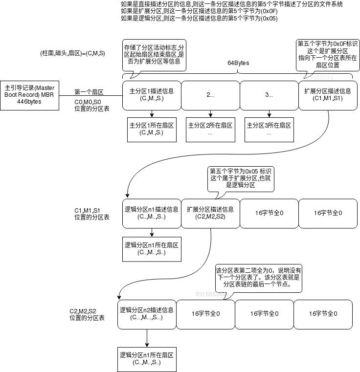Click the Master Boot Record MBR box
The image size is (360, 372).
point(29,94)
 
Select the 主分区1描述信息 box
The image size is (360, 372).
point(152,94)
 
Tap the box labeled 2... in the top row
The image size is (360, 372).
point(210,94)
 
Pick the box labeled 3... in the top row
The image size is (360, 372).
point(269,94)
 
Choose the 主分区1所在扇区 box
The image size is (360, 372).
point(152,129)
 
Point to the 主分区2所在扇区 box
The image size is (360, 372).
point(210,129)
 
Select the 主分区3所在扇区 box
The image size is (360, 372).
point(269,129)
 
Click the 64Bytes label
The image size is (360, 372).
point(238,64)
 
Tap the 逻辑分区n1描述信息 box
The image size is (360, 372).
point(152,213)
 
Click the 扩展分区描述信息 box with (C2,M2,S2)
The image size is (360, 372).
point(210,213)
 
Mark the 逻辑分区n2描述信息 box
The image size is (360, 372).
point(147,313)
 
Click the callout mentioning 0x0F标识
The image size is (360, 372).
point(328,54)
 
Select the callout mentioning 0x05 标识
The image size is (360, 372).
point(240,178)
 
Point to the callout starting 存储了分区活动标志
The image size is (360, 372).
point(154,54)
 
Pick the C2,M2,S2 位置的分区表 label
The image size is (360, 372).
point(87,314)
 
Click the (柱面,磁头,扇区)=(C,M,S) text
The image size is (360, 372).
point(73,53)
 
